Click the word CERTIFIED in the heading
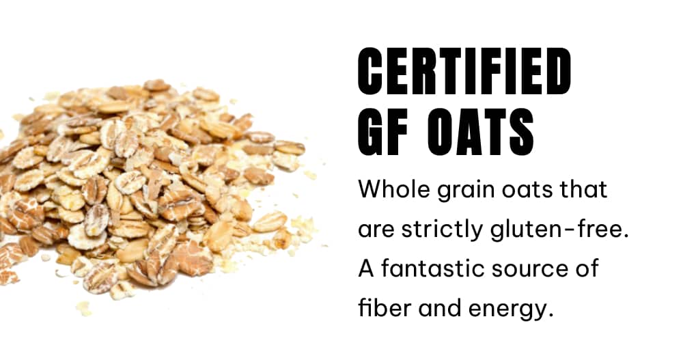pyautogui.click(x=464, y=72)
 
